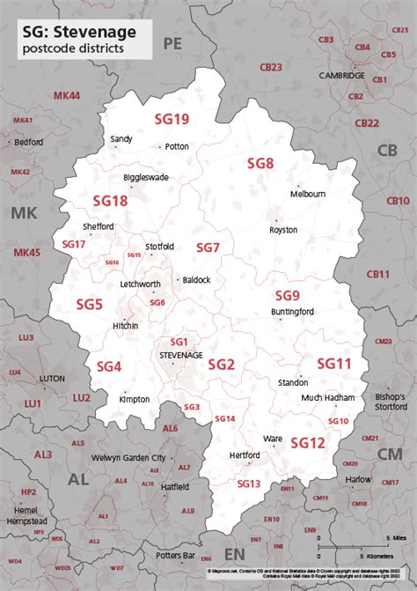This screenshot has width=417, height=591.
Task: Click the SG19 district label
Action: pos(172,119)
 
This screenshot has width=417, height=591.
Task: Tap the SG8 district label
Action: pos(260,163)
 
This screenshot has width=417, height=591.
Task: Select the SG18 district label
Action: pos(111,202)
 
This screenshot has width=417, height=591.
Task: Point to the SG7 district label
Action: pos(208,247)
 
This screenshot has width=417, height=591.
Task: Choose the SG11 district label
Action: pos(334,363)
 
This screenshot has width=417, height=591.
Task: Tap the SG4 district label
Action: pos(109,366)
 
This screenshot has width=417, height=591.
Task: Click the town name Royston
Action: pos(283,230)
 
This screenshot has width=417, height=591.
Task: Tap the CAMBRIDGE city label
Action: pos(341,76)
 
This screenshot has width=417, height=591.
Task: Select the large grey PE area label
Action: pos(172,42)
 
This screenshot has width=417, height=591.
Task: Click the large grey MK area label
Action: pos(25,212)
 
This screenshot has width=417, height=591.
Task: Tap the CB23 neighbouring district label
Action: pos(271,67)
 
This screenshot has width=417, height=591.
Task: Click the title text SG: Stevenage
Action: pos(73,31)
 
